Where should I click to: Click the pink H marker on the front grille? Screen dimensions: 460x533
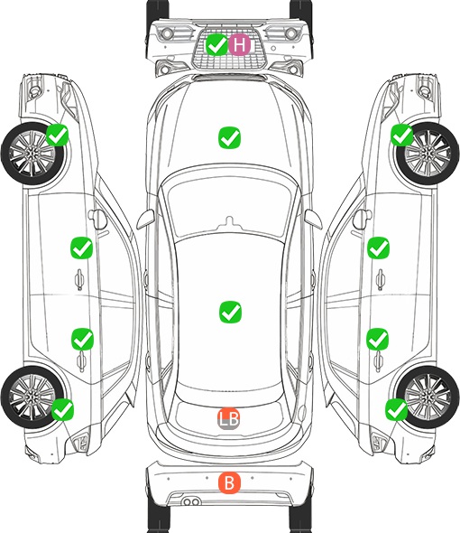tap(239, 44)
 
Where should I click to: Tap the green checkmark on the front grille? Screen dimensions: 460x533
tap(216, 44)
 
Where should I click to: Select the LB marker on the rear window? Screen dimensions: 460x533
tap(228, 418)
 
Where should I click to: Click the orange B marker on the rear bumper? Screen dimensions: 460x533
tap(229, 482)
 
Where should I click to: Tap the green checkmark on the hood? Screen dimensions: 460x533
tap(230, 137)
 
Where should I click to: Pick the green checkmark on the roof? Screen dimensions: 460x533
tap(231, 312)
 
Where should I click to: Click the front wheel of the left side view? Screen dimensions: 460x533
tap(32, 154)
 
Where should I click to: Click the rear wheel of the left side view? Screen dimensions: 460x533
tap(32, 397)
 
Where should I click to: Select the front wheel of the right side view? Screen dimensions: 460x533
tap(428, 154)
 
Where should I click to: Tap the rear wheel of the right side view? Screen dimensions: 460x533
tap(428, 397)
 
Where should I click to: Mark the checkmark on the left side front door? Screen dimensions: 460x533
tap(81, 248)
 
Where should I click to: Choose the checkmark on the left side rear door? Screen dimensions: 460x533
tap(82, 339)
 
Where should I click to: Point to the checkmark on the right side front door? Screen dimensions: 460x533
tap(379, 248)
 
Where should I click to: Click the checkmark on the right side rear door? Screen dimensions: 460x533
tap(378, 339)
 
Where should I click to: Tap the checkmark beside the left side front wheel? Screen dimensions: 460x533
tap(58, 135)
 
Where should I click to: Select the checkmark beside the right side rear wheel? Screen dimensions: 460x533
tap(397, 409)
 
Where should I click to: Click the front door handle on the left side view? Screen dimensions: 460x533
tap(79, 279)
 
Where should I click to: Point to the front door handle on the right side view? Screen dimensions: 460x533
tap(381, 279)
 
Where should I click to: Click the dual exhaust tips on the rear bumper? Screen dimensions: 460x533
tap(191, 501)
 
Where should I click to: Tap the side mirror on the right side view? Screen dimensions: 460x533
tap(362, 219)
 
